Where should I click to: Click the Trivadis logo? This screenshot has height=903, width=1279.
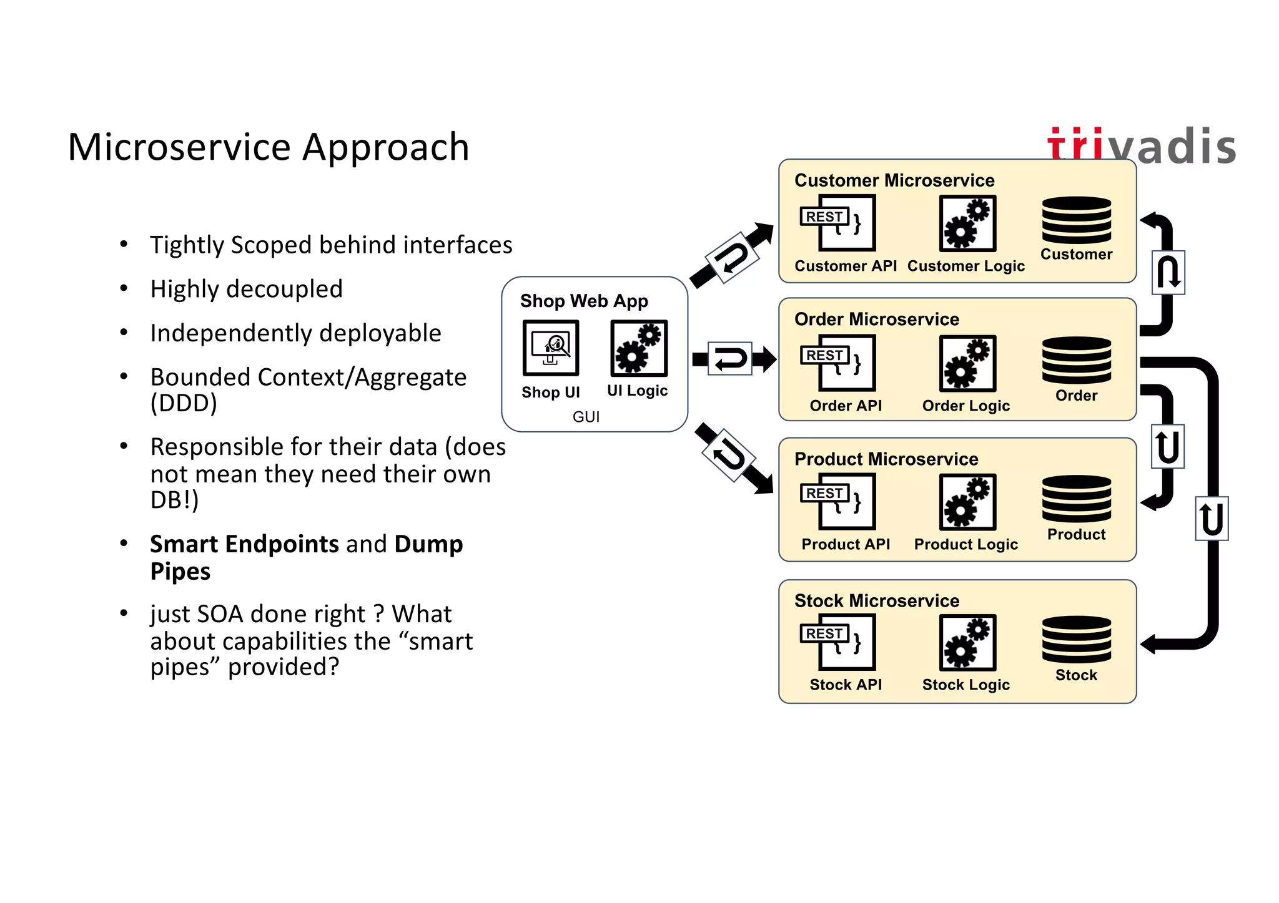click(1141, 146)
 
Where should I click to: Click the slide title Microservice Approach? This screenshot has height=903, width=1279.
click(268, 147)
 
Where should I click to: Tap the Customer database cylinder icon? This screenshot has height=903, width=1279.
click(1076, 220)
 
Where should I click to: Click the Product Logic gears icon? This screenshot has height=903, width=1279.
click(967, 502)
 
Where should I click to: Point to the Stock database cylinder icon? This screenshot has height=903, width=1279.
click(1076, 640)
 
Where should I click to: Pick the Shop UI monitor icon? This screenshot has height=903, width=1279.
click(550, 348)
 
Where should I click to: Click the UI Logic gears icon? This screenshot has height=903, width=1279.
click(638, 348)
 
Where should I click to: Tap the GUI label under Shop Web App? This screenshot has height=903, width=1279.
click(586, 417)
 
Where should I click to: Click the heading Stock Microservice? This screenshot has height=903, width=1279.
click(876, 600)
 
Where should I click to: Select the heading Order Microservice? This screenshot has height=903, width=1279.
click(876, 319)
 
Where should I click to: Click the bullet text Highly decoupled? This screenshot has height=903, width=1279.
click(246, 289)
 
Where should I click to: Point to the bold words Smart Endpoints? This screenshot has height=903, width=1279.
click(244, 544)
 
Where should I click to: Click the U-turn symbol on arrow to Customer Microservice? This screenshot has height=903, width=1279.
click(731, 258)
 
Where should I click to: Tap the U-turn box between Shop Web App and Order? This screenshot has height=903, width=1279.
click(729, 359)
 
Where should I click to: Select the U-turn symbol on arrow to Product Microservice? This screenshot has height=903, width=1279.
click(729, 455)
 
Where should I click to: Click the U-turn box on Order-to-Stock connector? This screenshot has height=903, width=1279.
click(1211, 519)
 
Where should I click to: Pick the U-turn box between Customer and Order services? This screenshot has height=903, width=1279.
click(1168, 273)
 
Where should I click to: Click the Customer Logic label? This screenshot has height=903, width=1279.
click(965, 266)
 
